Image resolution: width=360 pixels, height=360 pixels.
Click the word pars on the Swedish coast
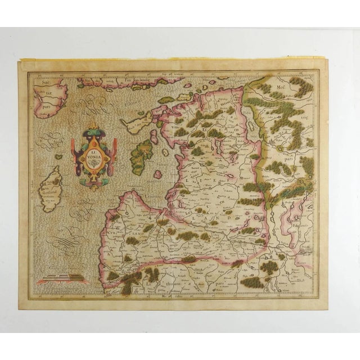coord(46,104)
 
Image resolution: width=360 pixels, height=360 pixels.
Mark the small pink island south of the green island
coord(158,174)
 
